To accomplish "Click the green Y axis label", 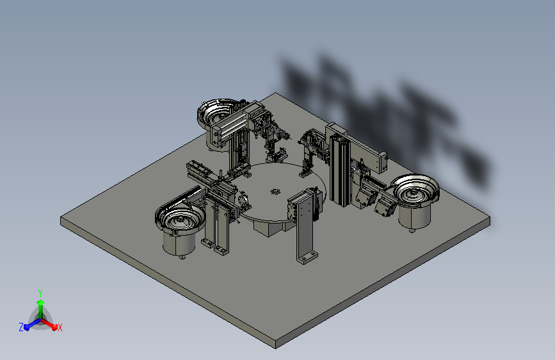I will pyautogui.click(x=40, y=291).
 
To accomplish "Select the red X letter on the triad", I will pyautogui.click(x=60, y=328).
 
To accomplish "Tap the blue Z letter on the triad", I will pyautogui.click(x=21, y=327).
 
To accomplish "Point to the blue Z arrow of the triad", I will pyautogui.click(x=29, y=325).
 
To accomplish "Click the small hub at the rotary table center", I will pyautogui.click(x=276, y=190).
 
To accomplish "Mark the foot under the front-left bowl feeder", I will pyautogui.click(x=182, y=258).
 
